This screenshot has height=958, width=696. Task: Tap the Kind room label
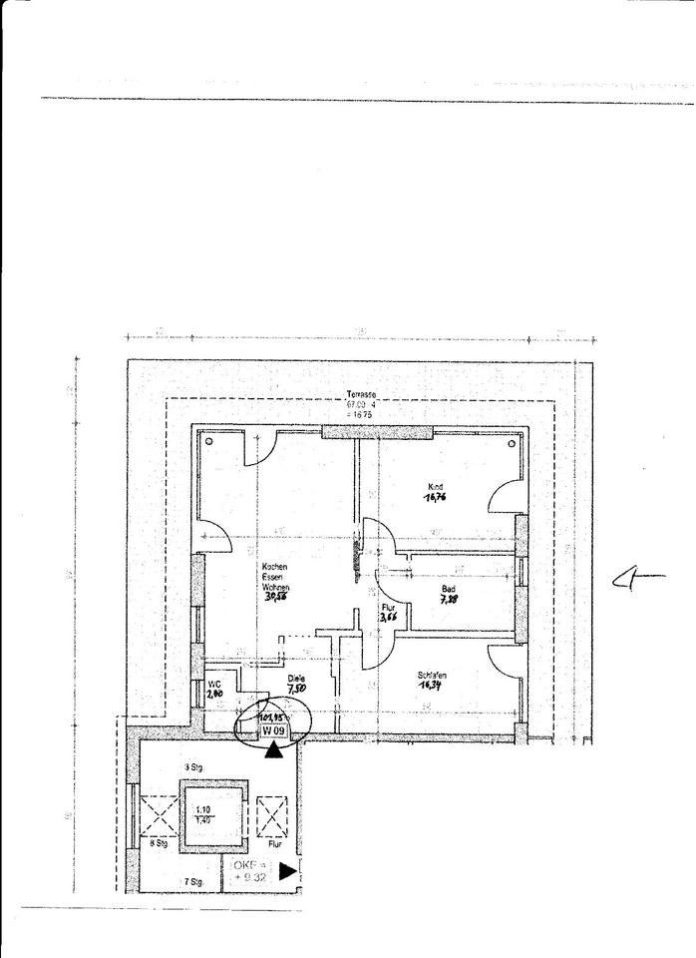433,486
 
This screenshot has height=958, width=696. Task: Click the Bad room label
449,589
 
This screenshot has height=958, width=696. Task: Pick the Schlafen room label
432,676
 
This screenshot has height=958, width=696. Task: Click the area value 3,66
389,618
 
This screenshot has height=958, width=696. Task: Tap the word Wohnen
275,588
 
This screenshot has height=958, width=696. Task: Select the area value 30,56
275,598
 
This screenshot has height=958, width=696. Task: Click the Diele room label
296,678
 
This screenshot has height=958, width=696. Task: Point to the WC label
213,684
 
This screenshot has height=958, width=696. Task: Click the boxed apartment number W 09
274,731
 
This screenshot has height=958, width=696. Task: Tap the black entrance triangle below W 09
274,749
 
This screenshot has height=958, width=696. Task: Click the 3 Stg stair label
195,766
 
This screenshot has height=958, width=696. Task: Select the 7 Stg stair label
192,882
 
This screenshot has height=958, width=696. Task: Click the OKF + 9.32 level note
250,870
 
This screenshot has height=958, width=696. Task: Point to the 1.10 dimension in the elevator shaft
203,809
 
